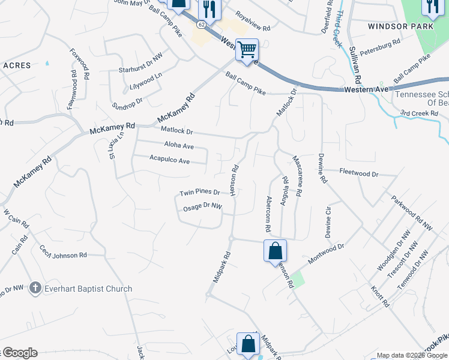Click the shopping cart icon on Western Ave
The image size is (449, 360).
247,50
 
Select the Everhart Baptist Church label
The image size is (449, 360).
88,289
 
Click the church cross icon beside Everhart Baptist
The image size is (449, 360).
35,289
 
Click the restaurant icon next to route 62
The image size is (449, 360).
209,8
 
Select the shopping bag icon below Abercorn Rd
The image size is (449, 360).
275,251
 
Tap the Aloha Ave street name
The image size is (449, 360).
179,146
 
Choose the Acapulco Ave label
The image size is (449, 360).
169,161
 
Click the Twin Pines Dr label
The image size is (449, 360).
199,193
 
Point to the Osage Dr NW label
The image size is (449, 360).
202,207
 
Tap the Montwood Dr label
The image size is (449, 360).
325,254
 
